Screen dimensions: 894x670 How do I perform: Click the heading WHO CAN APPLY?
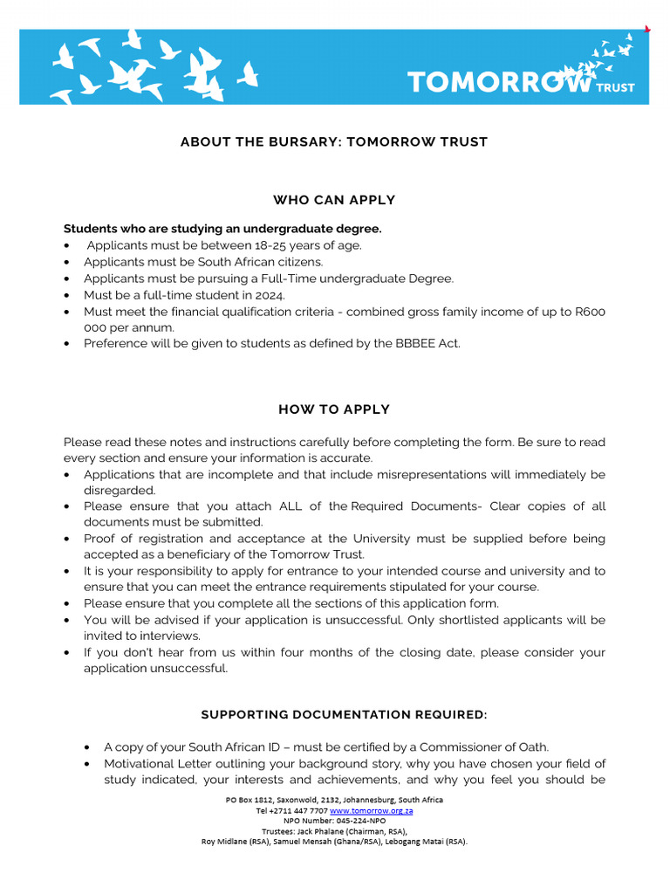pos(334,200)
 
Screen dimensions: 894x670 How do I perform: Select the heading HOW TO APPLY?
pos(334,409)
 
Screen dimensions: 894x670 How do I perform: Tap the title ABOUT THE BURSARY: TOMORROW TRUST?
pos(334,141)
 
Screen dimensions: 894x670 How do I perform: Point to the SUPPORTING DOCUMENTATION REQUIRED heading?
pos(344,715)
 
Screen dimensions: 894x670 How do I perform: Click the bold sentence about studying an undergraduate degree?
pos(222,229)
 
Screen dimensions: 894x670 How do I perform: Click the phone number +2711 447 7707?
pos(298,810)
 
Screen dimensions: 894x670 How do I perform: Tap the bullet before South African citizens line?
pos(68,262)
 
